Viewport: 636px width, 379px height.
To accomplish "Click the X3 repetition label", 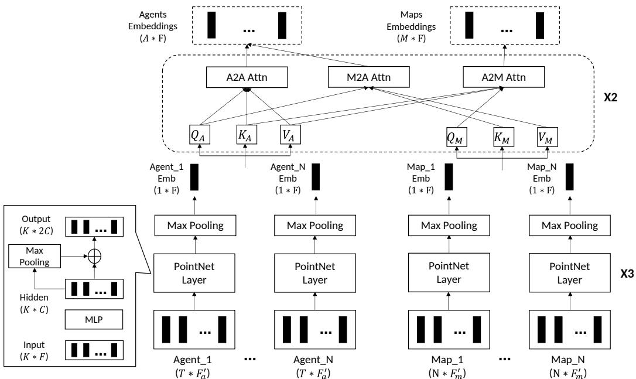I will pos(627,274).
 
